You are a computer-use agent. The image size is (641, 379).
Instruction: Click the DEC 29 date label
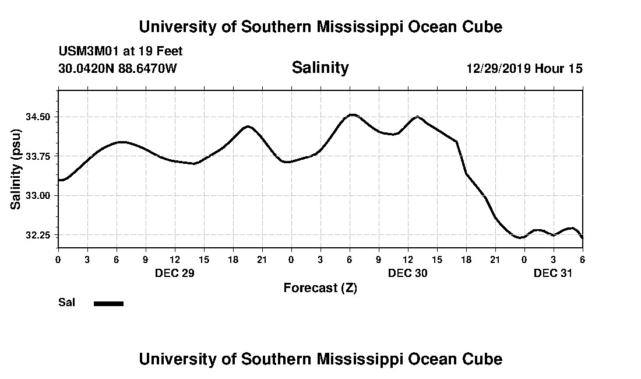pyautogui.click(x=174, y=273)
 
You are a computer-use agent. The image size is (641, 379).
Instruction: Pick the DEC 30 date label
pyautogui.click(x=408, y=273)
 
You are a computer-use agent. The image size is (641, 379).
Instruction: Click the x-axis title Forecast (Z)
pyautogui.click(x=320, y=288)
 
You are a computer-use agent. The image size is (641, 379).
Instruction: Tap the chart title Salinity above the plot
pyautogui.click(x=320, y=68)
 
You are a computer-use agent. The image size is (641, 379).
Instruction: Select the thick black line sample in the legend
pyautogui.click(x=108, y=303)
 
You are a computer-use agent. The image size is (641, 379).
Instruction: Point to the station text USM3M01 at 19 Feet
pyautogui.click(x=121, y=51)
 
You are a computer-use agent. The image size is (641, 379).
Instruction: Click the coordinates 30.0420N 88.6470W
pyautogui.click(x=118, y=69)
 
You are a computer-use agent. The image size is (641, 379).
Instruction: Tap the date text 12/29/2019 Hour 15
pyautogui.click(x=524, y=69)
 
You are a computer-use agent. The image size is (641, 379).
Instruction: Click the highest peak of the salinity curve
pyautogui.click(x=351, y=114)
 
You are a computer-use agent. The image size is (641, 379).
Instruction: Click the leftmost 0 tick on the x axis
pyautogui.click(x=58, y=259)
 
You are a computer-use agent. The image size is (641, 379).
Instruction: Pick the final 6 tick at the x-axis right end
pyautogui.click(x=582, y=259)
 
